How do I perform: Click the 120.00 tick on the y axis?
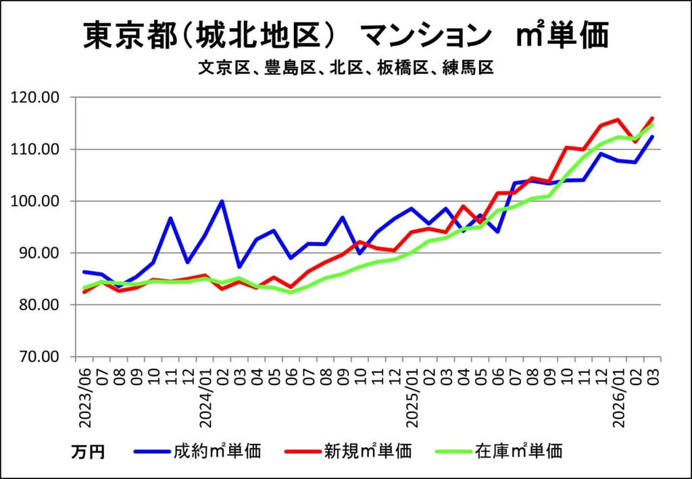tap(41, 97)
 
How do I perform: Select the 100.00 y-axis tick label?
tap(41, 201)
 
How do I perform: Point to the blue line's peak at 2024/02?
tap(222, 201)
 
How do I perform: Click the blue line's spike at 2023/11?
tap(170, 218)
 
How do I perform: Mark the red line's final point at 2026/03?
tap(652, 118)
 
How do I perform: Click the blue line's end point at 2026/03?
tap(652, 137)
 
